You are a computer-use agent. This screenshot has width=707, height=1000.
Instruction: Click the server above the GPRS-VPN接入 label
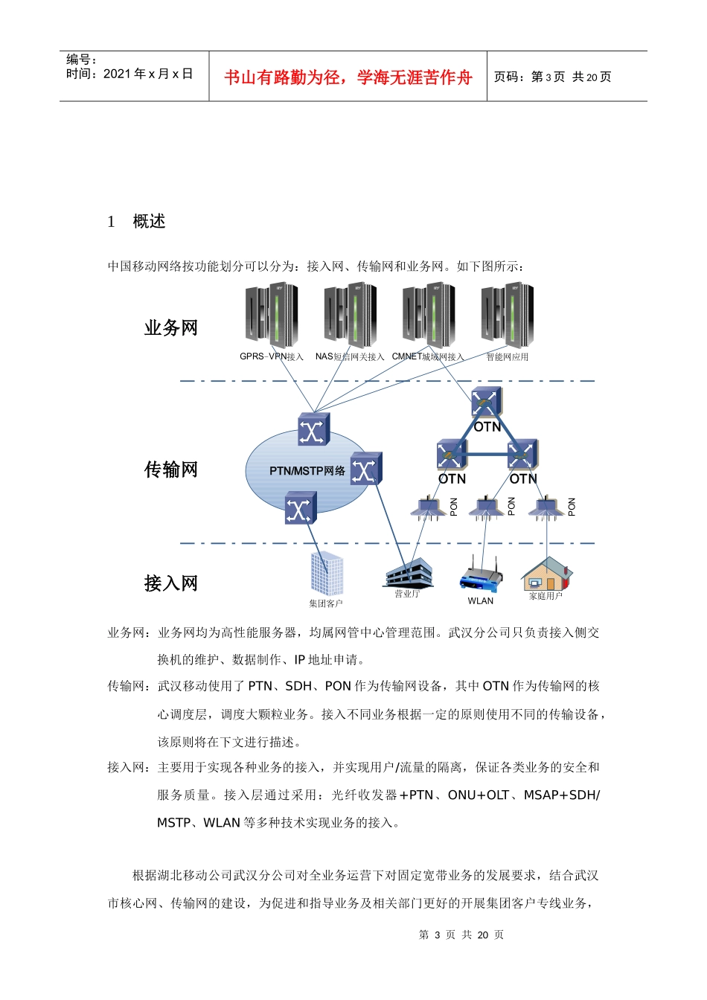coord(272,315)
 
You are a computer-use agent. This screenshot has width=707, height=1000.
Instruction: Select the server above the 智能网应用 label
coord(508,315)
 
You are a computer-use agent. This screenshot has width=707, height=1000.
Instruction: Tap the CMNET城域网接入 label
coord(428,357)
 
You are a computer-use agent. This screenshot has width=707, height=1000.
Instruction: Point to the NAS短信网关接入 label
coord(350,357)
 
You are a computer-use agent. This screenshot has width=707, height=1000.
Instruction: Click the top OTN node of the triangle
coord(486,403)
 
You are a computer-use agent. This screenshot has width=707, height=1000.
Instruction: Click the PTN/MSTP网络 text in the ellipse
coord(307,471)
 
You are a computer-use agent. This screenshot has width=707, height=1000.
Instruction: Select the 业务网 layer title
coord(171,328)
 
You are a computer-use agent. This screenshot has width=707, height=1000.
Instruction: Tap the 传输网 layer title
coord(171,469)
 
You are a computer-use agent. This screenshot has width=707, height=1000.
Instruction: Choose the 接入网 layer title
coord(171,583)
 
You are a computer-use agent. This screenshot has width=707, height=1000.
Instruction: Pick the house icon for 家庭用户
coord(547,574)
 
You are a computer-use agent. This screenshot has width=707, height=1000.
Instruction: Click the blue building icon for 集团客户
coord(327,574)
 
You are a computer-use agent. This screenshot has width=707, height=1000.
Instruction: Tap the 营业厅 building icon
coord(409,574)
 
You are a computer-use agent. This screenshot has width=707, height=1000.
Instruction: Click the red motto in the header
coord(348,77)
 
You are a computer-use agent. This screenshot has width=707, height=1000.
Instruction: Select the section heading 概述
coord(149,222)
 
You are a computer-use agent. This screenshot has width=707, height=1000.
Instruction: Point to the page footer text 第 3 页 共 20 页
coord(461,935)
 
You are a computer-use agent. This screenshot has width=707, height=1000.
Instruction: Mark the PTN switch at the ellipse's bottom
coord(301,508)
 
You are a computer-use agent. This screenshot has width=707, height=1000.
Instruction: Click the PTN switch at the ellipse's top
coord(313,430)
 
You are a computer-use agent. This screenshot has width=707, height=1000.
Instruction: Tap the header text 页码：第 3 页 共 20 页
coord(552,77)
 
